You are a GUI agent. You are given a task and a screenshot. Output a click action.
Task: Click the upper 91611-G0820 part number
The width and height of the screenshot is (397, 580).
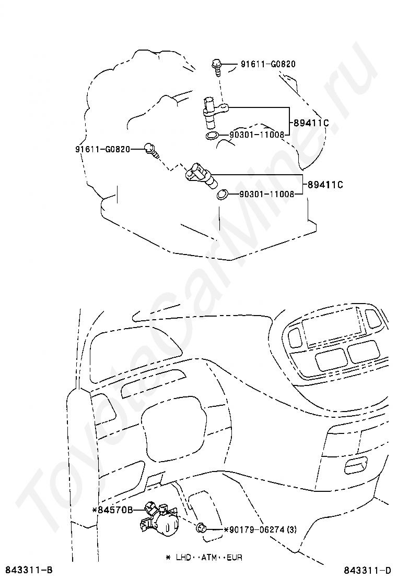[x=268, y=65]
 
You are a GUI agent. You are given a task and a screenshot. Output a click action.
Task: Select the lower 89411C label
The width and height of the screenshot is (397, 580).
[x=324, y=185]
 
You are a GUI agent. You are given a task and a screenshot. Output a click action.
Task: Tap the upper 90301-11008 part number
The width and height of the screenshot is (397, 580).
[x=256, y=135]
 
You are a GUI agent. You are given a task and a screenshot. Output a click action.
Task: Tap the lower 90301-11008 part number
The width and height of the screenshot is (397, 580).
[x=266, y=194]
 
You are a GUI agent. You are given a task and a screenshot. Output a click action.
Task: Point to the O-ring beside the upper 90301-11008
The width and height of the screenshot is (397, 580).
[x=212, y=137]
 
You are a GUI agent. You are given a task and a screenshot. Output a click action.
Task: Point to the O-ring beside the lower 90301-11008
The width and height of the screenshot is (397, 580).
[x=222, y=195]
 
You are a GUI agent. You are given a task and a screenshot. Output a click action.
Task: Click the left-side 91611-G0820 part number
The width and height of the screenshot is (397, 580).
[x=102, y=149]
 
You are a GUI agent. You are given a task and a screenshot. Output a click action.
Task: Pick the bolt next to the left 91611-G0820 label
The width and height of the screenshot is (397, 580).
[x=151, y=150]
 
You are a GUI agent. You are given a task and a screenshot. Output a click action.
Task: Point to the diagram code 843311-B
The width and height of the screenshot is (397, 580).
[x=29, y=569]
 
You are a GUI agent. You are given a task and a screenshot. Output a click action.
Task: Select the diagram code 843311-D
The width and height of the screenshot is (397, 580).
[x=367, y=569]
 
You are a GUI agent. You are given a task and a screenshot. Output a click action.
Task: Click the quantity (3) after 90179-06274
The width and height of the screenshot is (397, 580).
[x=291, y=530]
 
